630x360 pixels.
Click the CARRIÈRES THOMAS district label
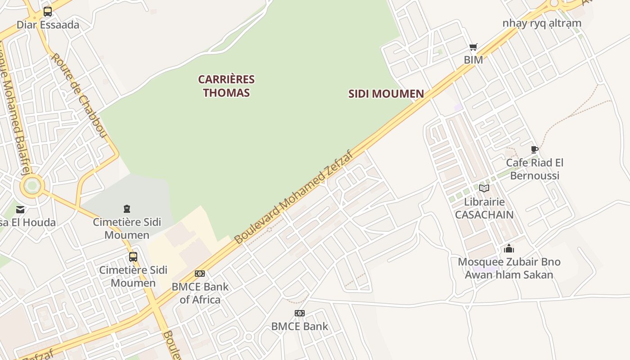click(226, 86)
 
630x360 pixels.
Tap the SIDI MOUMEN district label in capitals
click(386, 94)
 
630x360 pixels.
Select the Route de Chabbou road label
click(78, 95)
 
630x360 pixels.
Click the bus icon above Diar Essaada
click(48, 12)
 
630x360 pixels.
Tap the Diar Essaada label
click(48, 25)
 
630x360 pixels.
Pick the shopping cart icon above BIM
click(473, 47)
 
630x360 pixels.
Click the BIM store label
click(473, 60)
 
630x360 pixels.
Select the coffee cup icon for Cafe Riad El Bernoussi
click(535, 149)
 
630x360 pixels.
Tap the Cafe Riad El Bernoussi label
click(535, 169)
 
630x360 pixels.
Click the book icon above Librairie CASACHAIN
click(484, 189)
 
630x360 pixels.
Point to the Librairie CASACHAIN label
click(484, 208)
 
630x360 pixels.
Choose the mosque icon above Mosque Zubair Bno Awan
click(509, 248)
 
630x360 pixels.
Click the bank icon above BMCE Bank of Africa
click(200, 274)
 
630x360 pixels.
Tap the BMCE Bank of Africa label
click(200, 293)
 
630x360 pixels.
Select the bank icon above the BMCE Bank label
click(300, 313)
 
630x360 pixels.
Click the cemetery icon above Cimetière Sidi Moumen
click(127, 209)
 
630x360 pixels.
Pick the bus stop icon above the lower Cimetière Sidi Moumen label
click(133, 257)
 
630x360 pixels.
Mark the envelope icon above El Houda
click(20, 209)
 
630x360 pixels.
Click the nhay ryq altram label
click(542, 23)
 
